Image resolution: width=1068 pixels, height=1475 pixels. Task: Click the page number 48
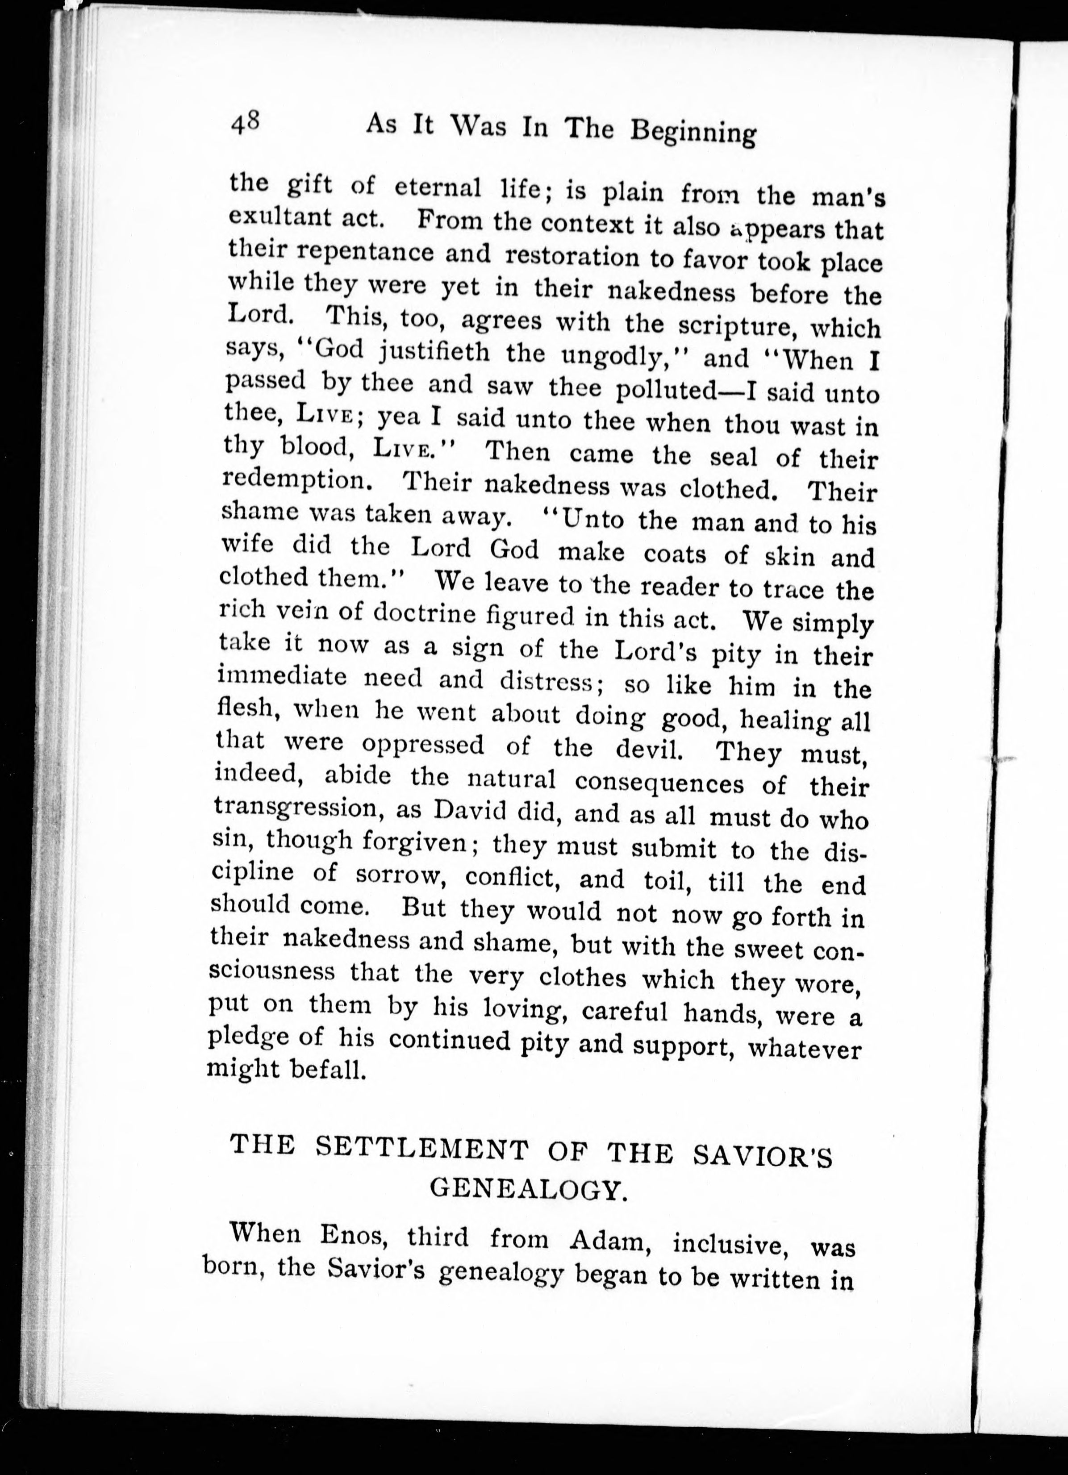pos(245,122)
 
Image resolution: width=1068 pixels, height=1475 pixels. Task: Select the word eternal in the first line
pos(437,188)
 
